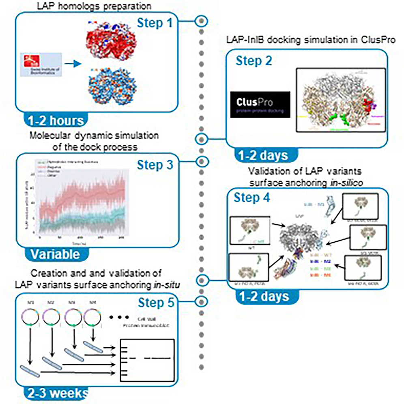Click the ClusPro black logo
point(260,105)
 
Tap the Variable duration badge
point(54,254)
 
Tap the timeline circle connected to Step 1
point(201,21)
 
